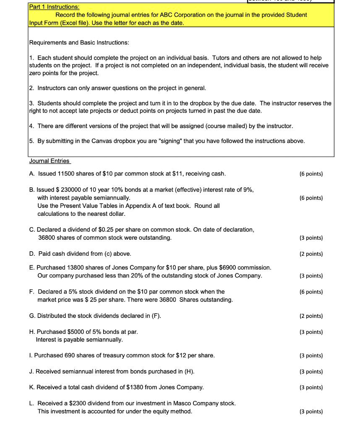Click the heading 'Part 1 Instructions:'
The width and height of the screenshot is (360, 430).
54,7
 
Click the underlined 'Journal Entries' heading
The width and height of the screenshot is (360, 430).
50,161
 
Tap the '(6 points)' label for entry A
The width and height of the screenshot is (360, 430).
311,174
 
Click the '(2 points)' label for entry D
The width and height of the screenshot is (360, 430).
311,254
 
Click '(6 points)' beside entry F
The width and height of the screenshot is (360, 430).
311,292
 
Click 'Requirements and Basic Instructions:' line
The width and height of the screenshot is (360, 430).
79,43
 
